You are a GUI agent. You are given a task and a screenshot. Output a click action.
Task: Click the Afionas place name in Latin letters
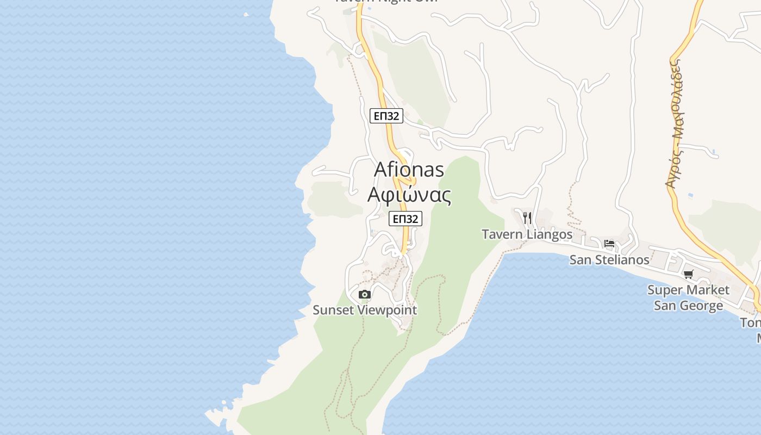pos(409,170)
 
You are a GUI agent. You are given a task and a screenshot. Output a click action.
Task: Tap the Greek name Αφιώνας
pos(409,195)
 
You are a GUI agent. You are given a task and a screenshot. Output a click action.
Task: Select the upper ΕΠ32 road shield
pos(386,116)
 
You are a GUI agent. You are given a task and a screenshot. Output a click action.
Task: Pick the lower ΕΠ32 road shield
pos(406,219)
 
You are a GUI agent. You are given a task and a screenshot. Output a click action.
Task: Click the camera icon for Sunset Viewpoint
pos(365,295)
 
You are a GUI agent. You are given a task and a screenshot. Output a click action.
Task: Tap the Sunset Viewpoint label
pos(365,310)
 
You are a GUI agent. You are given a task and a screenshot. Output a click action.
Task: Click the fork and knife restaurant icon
pos(527,218)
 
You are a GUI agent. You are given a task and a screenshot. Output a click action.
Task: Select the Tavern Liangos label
pos(527,234)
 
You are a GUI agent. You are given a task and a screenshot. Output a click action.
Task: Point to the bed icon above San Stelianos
pos(609,244)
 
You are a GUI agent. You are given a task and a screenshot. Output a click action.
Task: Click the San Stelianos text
pos(609,260)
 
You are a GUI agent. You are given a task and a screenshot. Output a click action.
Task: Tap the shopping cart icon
pos(689,274)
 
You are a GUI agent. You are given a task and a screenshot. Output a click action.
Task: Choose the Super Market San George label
pos(688,297)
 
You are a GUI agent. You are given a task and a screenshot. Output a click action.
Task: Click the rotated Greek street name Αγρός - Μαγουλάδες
pos(676,124)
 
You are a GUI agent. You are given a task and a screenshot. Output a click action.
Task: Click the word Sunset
pos(332,310)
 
